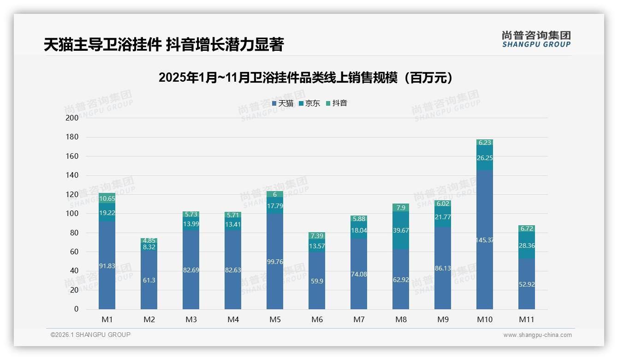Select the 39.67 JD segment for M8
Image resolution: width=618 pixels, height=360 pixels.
[x=401, y=230]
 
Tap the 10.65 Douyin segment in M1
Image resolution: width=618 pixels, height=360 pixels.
[x=107, y=198]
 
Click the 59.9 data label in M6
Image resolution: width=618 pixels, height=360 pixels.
[x=317, y=281]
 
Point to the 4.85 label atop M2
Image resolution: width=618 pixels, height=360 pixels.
[x=149, y=240]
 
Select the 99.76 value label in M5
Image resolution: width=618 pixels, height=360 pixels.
[x=275, y=262]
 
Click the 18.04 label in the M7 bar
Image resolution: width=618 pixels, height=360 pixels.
[x=359, y=230]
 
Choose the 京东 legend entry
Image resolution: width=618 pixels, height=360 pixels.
[x=309, y=103]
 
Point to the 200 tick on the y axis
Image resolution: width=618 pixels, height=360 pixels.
[x=72, y=118]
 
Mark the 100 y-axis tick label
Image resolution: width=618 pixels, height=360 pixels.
[x=72, y=214]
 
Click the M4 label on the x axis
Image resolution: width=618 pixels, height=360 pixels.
[x=233, y=319]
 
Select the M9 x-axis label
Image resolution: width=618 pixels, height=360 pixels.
[x=443, y=319]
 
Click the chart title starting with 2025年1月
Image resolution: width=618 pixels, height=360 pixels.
[x=305, y=78]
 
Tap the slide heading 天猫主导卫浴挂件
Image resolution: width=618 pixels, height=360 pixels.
[x=164, y=45]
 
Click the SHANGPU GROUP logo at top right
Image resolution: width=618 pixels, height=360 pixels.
[x=536, y=39]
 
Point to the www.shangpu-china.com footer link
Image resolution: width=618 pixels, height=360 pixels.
[x=537, y=335]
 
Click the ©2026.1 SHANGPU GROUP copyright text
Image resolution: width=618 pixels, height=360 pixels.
[x=90, y=335]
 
